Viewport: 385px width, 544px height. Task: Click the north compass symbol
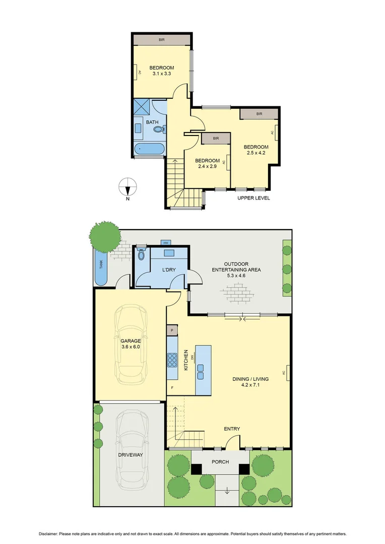pos(128,187)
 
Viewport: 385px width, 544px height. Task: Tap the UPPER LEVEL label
pos(253,198)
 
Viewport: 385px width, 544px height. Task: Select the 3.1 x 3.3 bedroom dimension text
pos(162,74)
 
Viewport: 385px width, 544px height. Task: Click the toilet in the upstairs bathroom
pos(159,129)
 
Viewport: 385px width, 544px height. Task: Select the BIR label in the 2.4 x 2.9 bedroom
pos(216,139)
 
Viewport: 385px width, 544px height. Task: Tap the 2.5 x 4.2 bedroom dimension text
pos(256,153)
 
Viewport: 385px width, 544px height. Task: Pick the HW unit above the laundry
pos(166,243)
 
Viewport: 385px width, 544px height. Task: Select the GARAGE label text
pos(130,341)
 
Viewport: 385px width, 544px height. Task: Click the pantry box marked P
pos(172,330)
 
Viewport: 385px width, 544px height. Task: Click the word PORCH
pos(220,462)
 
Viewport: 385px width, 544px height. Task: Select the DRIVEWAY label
pos(130,454)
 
